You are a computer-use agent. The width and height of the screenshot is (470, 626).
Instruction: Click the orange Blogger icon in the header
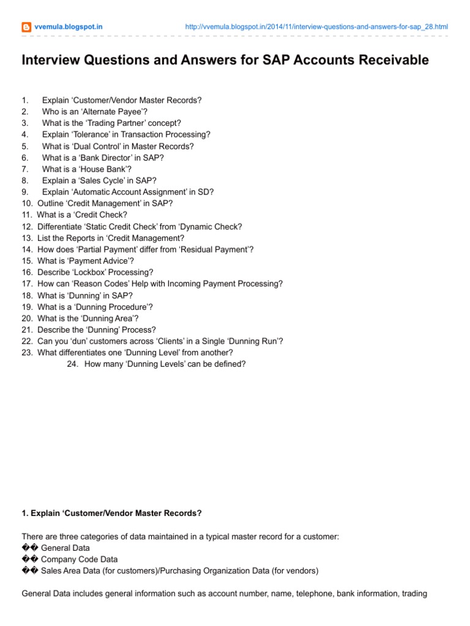point(26,27)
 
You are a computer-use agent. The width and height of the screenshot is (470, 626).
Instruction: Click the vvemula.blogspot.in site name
point(68,27)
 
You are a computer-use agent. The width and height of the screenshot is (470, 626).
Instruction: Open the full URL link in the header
point(316,27)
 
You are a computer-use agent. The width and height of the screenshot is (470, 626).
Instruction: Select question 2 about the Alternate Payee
point(94,111)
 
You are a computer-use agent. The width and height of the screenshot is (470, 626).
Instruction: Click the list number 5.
point(24,146)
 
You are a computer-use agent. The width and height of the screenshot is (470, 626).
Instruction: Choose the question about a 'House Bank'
point(86,169)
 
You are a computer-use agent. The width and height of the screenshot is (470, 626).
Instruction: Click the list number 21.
point(27,330)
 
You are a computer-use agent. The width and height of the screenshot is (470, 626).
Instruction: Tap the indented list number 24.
point(73,364)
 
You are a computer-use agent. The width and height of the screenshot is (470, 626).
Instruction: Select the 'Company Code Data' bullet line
point(79,559)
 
